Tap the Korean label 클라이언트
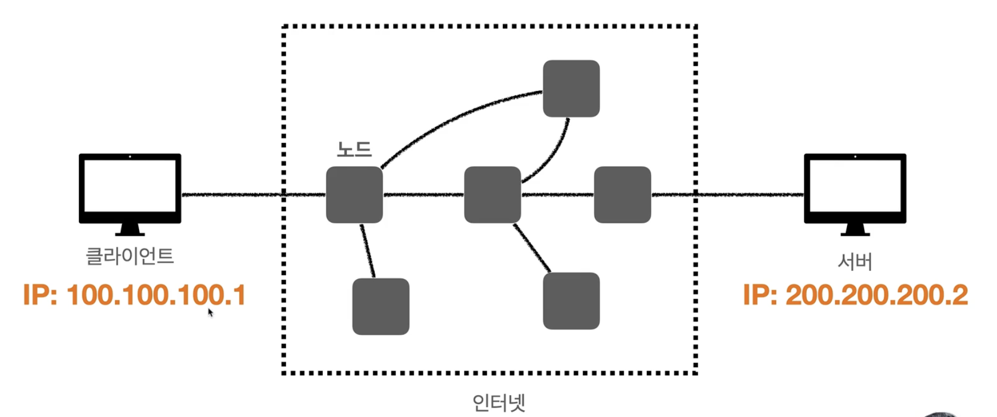(x=130, y=256)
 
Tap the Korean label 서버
(x=855, y=262)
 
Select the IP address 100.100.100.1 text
(x=135, y=295)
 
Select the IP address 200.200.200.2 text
(x=855, y=295)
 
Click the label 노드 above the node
(x=354, y=149)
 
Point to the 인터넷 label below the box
(x=499, y=403)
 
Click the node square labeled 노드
(x=354, y=195)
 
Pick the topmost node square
(x=571, y=89)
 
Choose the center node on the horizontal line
(x=492, y=195)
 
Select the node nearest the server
(x=622, y=195)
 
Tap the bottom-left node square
(x=380, y=306)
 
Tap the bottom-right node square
(x=571, y=301)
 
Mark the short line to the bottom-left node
(x=368, y=251)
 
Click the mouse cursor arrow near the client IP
(x=210, y=312)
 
